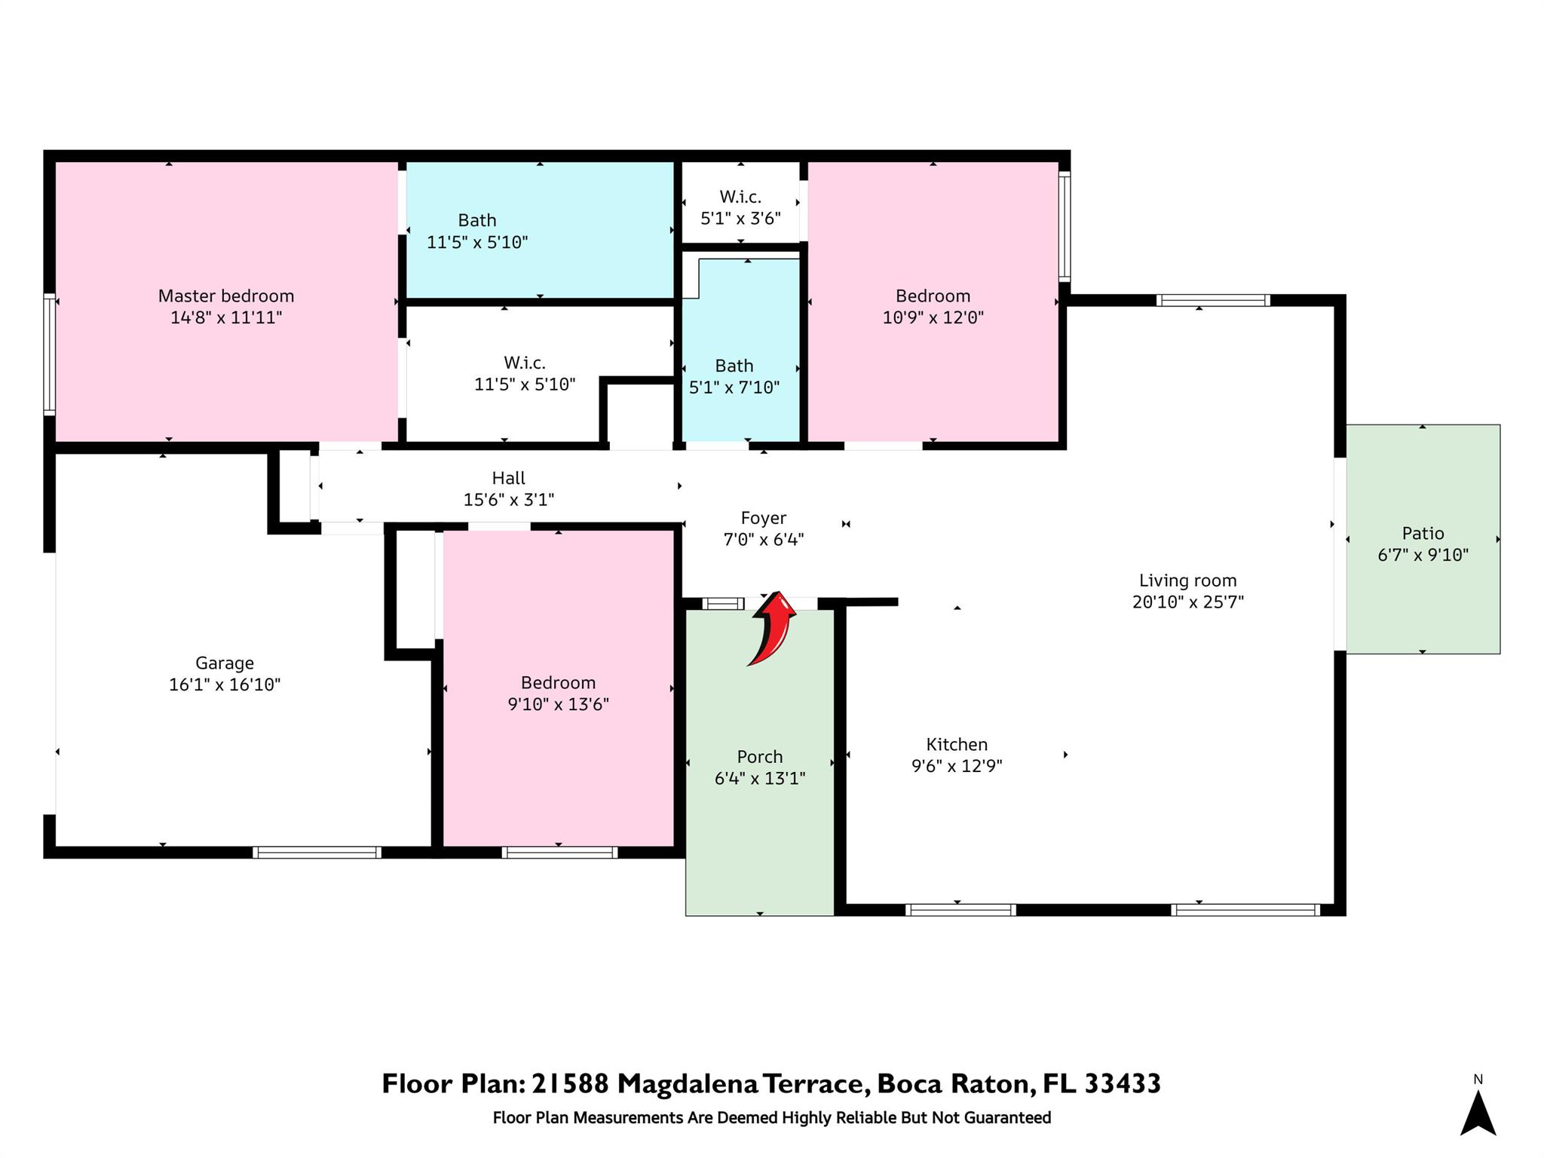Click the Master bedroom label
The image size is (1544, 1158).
[x=226, y=296]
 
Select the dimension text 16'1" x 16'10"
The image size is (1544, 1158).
[x=225, y=685]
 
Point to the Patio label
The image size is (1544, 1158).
[x=1423, y=533]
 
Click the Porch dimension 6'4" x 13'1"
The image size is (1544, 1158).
[x=760, y=778]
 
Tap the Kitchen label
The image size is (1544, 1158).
[x=957, y=744]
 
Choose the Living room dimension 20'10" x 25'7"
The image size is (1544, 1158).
[x=1188, y=602]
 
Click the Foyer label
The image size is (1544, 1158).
[x=764, y=518]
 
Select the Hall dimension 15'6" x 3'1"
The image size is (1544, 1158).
[x=509, y=499]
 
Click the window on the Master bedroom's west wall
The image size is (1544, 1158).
[x=50, y=354]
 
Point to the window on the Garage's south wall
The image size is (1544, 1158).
[x=317, y=853]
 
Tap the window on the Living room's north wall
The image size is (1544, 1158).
[x=1213, y=300]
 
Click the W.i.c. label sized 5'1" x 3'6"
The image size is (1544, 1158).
[x=740, y=197]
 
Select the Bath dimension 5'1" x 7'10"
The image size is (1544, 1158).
[x=734, y=388]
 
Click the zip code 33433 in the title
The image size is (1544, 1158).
[x=1123, y=1084]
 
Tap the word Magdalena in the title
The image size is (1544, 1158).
[x=688, y=1084]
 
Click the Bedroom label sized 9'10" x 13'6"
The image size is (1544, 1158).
[x=558, y=682]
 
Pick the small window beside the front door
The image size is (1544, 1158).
[x=723, y=603]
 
